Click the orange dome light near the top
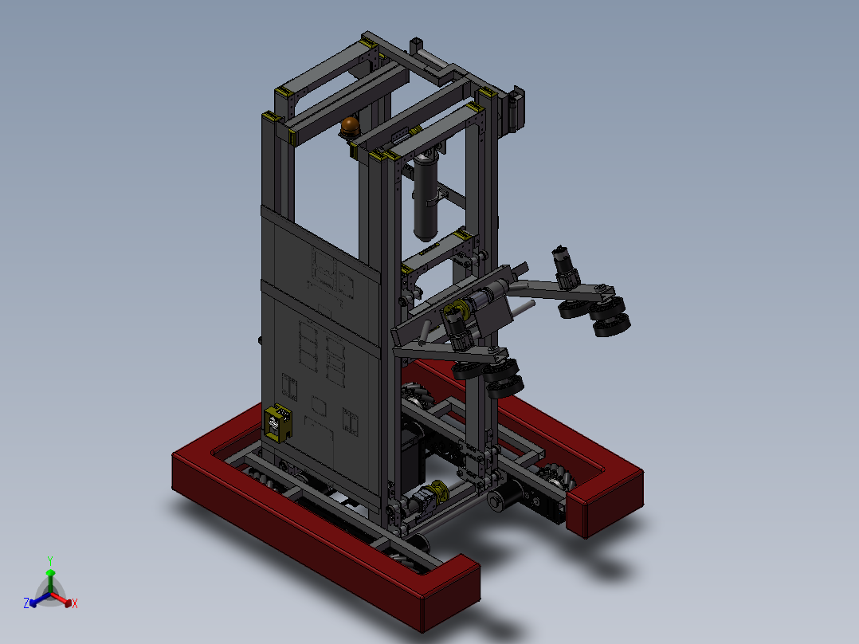350,126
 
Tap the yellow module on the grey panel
277,422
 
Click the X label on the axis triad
75,604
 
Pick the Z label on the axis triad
26,603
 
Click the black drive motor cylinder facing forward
501,501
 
